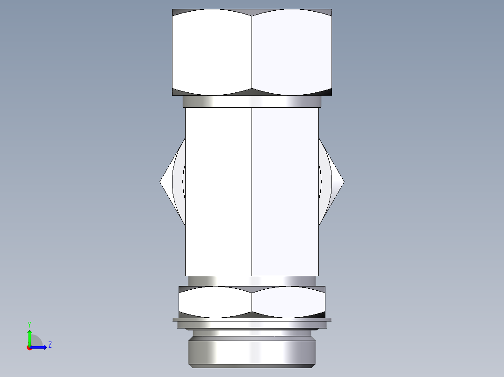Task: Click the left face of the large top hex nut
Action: pos(212,51)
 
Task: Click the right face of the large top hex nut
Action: pos(292,51)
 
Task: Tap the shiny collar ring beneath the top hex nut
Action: pos(252,101)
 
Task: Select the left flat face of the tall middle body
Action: pos(218,191)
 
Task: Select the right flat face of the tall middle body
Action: pos(285,191)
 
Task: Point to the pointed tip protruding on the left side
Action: pos(162,182)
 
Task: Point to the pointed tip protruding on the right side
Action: pos(343,182)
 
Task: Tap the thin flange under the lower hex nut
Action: pos(252,320)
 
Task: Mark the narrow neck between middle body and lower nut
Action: pos(252,281)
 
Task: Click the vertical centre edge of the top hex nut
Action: pos(252,51)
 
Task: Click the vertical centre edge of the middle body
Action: pos(252,191)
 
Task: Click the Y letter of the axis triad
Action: pos(29,324)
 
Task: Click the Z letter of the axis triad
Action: pos(50,345)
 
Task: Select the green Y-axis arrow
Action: pos(29,337)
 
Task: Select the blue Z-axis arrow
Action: pos(39,347)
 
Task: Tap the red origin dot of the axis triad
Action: pos(29,348)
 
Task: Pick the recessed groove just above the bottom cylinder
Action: pos(252,334)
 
